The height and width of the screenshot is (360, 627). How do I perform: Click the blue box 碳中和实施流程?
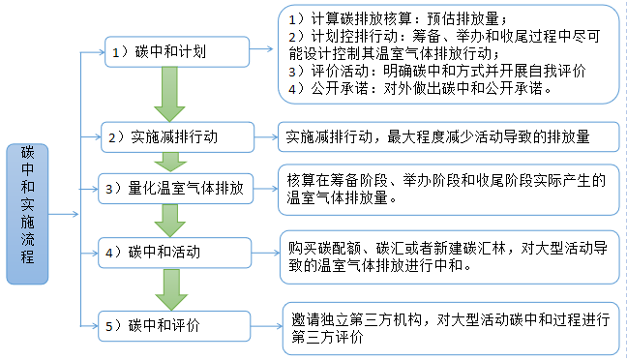(28, 214)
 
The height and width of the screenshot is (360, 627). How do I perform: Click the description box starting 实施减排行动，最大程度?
(451, 136)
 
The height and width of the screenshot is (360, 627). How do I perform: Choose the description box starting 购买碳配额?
(451, 255)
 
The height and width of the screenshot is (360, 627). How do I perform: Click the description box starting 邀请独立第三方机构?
(451, 326)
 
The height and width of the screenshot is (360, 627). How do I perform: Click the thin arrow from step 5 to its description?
(257, 324)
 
